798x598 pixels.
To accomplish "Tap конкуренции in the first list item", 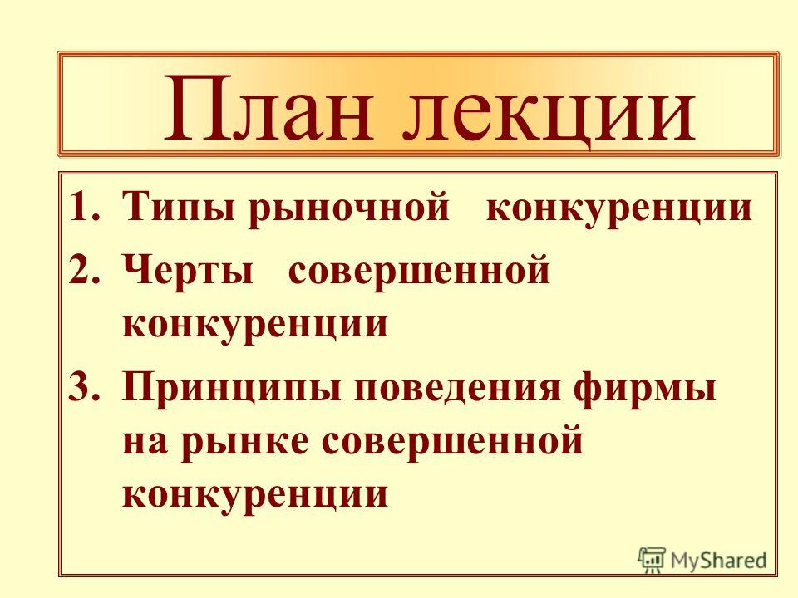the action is (x=618, y=209).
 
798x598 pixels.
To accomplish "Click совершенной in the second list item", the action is (x=419, y=272).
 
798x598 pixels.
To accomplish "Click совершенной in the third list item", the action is (x=453, y=442).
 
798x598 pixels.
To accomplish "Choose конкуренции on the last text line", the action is (x=255, y=494).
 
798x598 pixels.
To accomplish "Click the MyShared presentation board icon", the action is (x=652, y=559).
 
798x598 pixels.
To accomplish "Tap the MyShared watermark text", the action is (x=718, y=561).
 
